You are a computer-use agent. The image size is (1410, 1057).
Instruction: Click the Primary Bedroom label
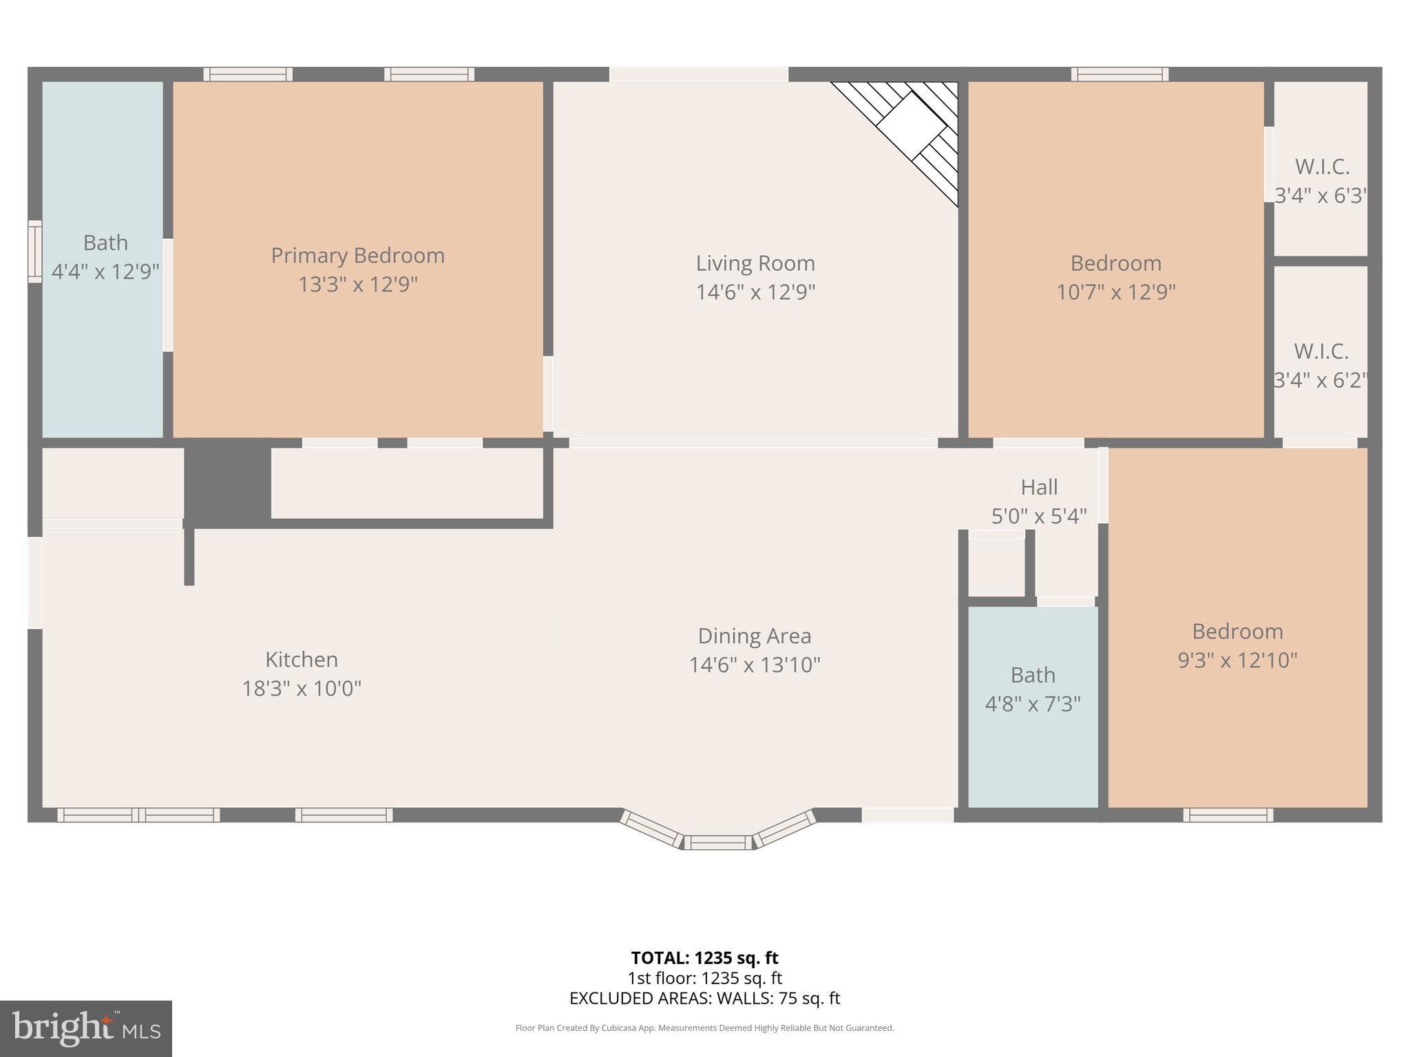pos(357,256)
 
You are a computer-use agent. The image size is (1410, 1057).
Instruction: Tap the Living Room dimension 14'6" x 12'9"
pos(755,292)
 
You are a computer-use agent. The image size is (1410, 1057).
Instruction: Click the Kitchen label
pos(302,659)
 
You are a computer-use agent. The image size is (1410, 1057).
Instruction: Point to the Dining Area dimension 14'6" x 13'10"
pos(755,665)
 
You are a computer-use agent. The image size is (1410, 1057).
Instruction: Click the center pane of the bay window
pos(718,842)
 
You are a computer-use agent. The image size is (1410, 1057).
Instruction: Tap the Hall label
pos(1039,487)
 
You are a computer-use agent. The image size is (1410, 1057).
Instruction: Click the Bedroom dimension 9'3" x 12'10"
pos(1237,661)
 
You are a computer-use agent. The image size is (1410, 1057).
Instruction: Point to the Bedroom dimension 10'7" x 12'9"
pos(1115,292)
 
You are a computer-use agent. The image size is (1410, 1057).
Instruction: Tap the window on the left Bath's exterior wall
pos(34,251)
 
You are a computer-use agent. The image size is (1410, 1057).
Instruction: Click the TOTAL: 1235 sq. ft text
pos(704,958)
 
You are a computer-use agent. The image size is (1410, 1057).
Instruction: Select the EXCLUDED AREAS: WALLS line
pos(704,999)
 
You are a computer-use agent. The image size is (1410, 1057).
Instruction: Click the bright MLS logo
pos(86,1029)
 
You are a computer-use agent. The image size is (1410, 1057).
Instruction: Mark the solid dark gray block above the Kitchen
pos(227,484)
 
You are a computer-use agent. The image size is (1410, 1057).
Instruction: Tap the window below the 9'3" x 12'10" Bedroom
pos(1228,815)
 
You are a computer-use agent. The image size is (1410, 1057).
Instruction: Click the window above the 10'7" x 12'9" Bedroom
pos(1119,74)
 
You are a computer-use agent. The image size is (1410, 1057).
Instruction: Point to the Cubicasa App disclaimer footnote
pos(704,1028)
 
